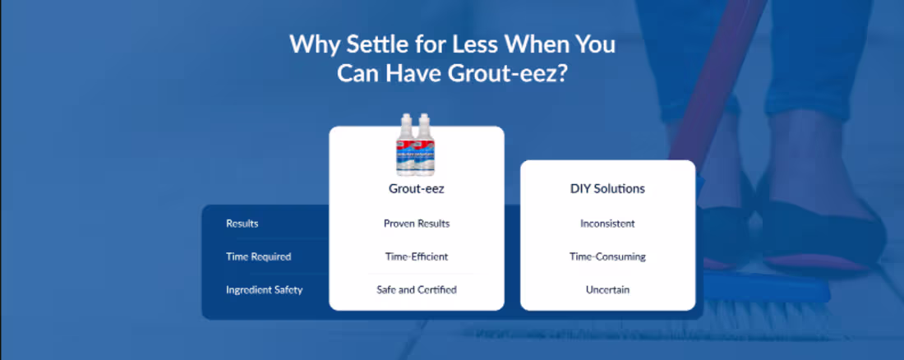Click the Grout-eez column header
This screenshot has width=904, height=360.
point(417,189)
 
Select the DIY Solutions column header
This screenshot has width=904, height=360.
point(607,189)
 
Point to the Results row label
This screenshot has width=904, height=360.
point(242,224)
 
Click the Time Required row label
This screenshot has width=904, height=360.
point(258,256)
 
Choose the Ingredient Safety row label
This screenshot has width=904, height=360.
point(264,290)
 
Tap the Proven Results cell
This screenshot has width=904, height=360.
point(417,224)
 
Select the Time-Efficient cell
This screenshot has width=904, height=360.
point(417,256)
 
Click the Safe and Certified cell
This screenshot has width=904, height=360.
point(417,290)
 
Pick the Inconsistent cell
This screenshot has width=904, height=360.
point(607,224)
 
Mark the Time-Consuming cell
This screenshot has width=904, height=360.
point(607,256)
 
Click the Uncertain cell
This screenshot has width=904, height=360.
point(607,290)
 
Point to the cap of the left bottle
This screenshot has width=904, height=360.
point(406,118)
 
